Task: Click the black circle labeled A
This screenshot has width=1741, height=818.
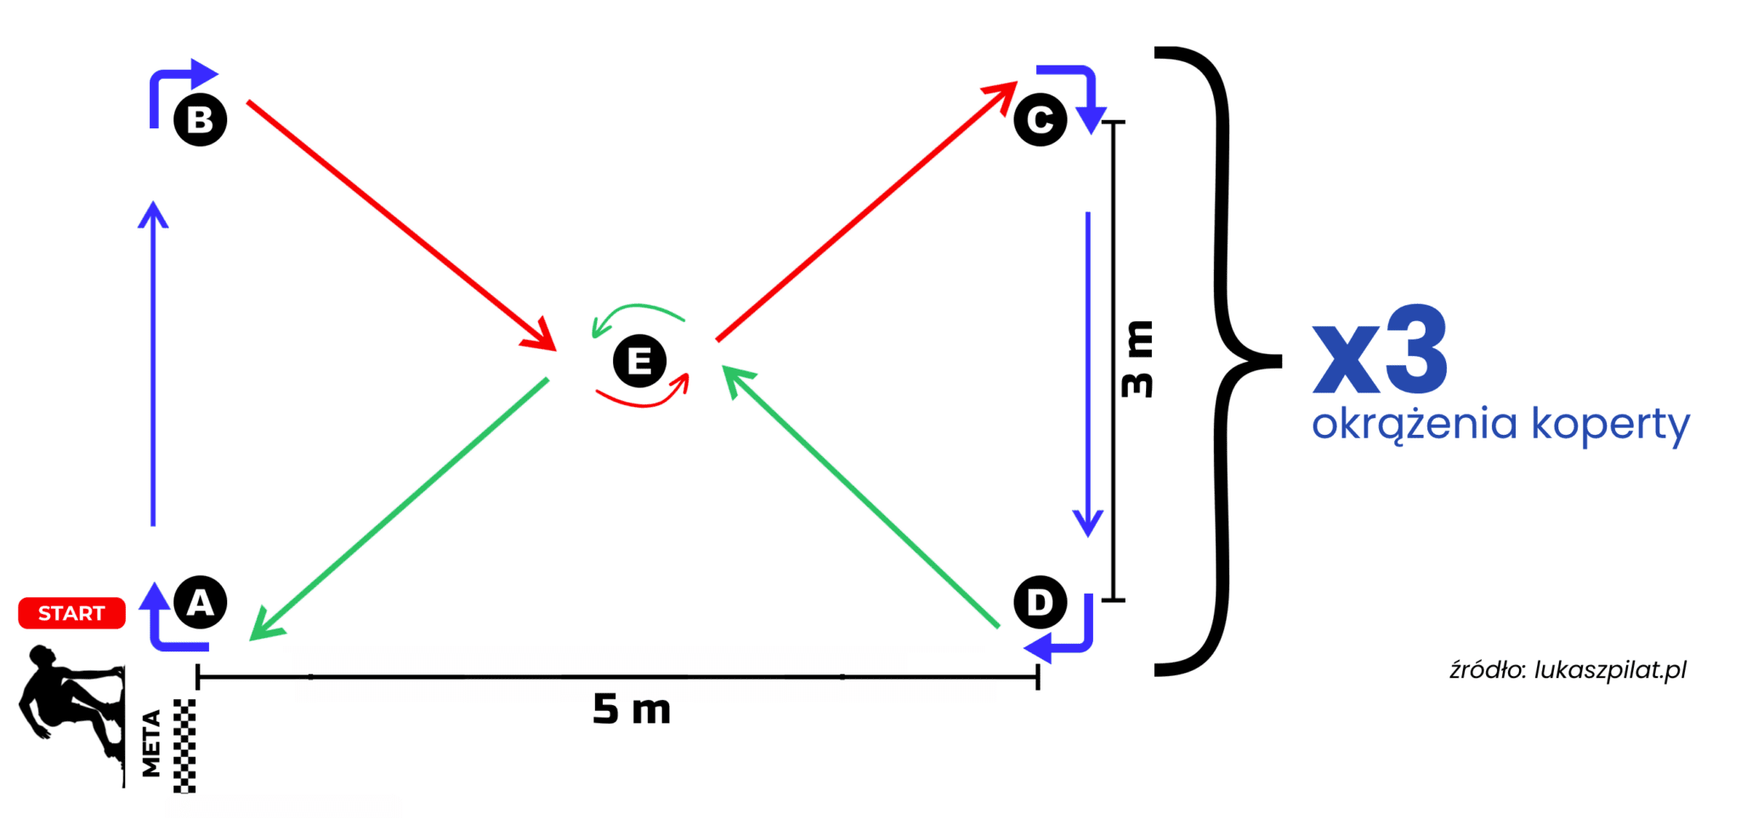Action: coord(200,602)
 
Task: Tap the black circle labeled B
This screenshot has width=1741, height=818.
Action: coord(200,119)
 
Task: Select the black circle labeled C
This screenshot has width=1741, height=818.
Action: coord(1040,119)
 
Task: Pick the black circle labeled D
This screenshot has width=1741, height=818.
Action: coord(1040,602)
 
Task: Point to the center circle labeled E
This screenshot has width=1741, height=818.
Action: coord(639,361)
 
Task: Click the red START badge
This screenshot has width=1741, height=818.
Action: coord(71,612)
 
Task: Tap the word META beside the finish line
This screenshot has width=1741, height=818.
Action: coord(151,743)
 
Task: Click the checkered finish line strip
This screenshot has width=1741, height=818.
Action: coord(184,746)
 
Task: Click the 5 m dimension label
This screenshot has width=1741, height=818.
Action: coord(632,708)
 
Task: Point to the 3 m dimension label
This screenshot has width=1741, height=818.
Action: coord(1137,358)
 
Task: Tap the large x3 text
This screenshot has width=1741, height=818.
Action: coord(1380,350)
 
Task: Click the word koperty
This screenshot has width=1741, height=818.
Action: coord(1610,424)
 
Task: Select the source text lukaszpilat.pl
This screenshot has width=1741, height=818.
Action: coord(1610,670)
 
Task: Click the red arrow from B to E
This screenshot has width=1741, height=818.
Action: coord(401,226)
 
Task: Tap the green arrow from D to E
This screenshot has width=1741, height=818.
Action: coord(860,497)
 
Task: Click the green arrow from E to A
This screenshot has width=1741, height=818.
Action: coord(399,509)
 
